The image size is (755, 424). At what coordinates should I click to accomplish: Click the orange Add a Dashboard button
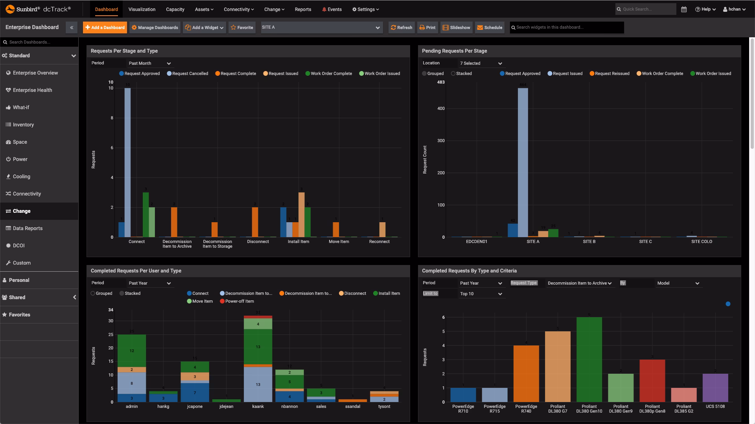pyautogui.click(x=105, y=27)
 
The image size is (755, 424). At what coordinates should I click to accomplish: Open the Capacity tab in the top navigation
pyautogui.click(x=175, y=9)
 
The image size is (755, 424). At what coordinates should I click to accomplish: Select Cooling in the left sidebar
pyautogui.click(x=21, y=177)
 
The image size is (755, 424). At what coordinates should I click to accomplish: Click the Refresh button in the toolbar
pyautogui.click(x=401, y=27)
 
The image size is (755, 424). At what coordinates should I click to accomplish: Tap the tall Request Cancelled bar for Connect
pyautogui.click(x=128, y=161)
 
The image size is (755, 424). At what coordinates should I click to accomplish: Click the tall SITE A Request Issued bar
pyautogui.click(x=523, y=161)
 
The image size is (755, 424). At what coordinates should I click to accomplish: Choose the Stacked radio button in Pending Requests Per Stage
pyautogui.click(x=453, y=73)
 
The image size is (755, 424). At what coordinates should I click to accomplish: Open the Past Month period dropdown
pyautogui.click(x=149, y=63)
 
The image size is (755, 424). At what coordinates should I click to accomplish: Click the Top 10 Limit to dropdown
pyautogui.click(x=481, y=294)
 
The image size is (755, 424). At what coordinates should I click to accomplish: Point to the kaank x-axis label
pyautogui.click(x=258, y=406)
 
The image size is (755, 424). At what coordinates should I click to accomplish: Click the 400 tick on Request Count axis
pyautogui.click(x=441, y=108)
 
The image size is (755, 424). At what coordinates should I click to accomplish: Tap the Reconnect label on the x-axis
pyautogui.click(x=379, y=241)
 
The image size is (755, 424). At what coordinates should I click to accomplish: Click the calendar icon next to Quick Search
pyautogui.click(x=684, y=9)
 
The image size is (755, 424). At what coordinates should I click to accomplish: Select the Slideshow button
pyautogui.click(x=456, y=27)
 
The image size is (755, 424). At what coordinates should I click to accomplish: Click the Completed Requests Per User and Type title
pyautogui.click(x=136, y=271)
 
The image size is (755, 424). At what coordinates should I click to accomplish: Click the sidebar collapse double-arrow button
pyautogui.click(x=72, y=27)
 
